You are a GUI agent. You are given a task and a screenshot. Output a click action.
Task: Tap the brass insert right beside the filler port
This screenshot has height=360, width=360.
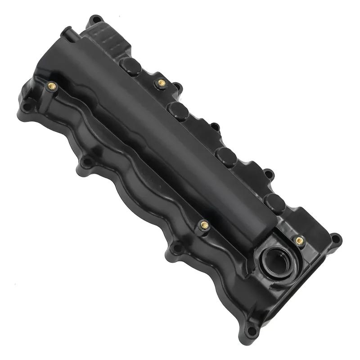pyautogui.click(x=299, y=240)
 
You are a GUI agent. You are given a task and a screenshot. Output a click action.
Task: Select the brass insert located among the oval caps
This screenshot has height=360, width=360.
pyautogui.click(x=161, y=82)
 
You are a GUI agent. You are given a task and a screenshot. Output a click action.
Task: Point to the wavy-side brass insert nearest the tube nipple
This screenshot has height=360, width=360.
pyautogui.click(x=51, y=85)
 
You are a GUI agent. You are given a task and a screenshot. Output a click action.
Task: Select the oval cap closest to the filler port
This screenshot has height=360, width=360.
pyautogui.click(x=275, y=203)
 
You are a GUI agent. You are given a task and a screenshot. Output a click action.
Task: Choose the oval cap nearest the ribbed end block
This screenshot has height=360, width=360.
pyautogui.click(x=131, y=66)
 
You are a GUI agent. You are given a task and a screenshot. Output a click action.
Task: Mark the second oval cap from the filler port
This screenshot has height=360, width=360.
pyautogui.click(x=226, y=156)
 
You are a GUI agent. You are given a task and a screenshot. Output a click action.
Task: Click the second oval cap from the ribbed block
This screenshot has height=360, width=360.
pyautogui.click(x=179, y=110)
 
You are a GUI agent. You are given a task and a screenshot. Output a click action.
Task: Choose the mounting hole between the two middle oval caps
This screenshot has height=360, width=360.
pyautogui.click(x=216, y=127)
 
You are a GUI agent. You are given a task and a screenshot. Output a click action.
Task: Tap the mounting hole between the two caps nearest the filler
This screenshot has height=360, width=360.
pyautogui.click(x=268, y=173)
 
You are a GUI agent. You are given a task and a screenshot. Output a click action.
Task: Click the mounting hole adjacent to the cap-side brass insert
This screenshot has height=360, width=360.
pyautogui.click(x=177, y=85)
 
